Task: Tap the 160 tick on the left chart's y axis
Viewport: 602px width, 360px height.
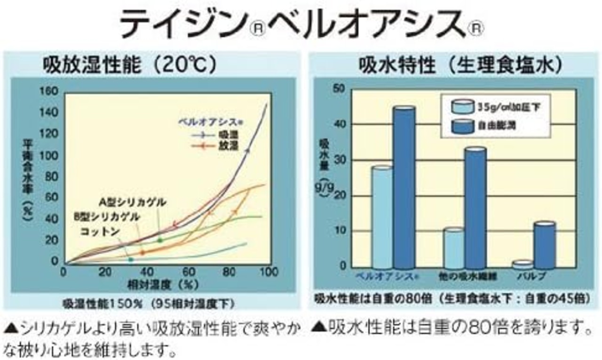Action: click(48, 91)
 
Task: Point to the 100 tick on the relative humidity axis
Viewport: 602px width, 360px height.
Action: click(269, 272)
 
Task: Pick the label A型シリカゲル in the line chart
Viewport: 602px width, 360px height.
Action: click(133, 202)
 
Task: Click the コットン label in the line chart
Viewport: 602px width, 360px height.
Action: click(100, 232)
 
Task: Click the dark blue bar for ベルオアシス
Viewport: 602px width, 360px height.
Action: click(404, 188)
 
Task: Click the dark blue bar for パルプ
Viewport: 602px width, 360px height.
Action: click(545, 245)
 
